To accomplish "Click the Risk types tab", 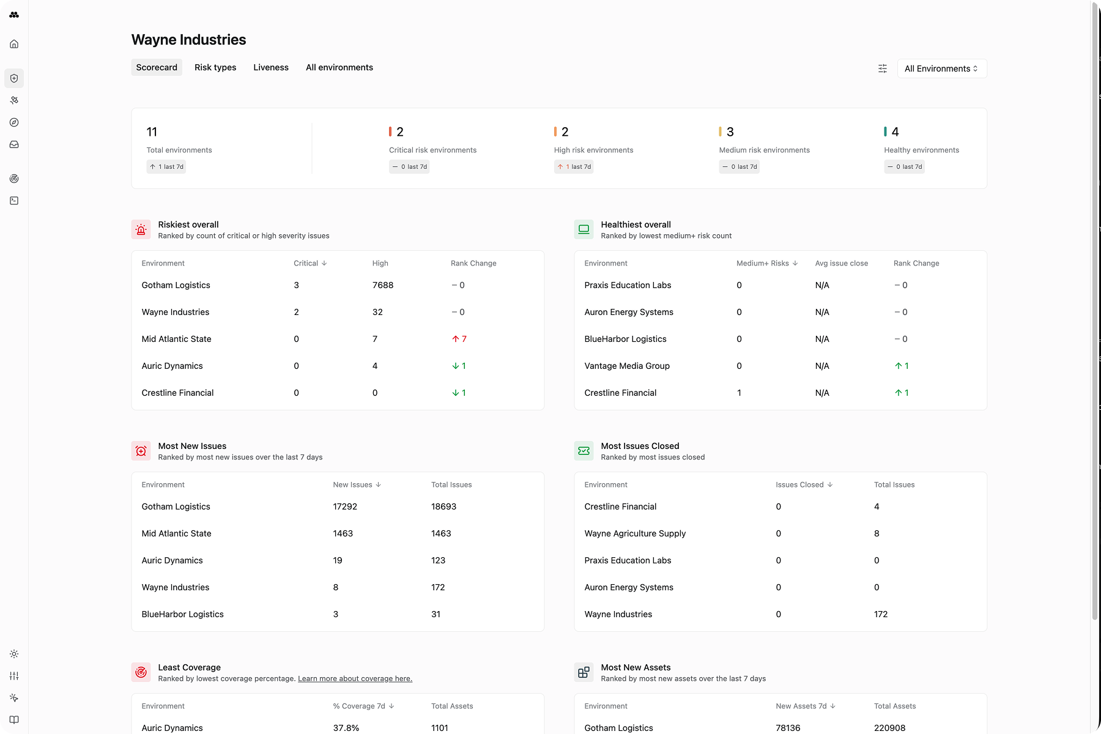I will click(215, 67).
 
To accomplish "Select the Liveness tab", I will click(271, 67).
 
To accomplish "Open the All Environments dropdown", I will click(941, 69).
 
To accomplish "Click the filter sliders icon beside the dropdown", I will click(883, 69).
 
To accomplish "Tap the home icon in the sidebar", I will click(14, 44).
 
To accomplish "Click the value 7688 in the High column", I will click(383, 285).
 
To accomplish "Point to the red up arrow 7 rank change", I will click(459, 339).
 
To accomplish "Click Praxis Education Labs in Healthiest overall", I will click(628, 285).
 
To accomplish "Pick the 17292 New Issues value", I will click(345, 506).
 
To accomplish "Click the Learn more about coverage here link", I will click(355, 678).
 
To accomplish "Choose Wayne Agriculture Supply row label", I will click(635, 533).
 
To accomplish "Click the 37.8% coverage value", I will click(346, 728).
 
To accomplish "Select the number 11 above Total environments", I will click(152, 132).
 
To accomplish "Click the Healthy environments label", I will click(921, 150).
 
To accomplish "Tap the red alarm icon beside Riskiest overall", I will click(141, 229).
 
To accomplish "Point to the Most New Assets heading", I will click(636, 667).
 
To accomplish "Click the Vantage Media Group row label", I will click(627, 366).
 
